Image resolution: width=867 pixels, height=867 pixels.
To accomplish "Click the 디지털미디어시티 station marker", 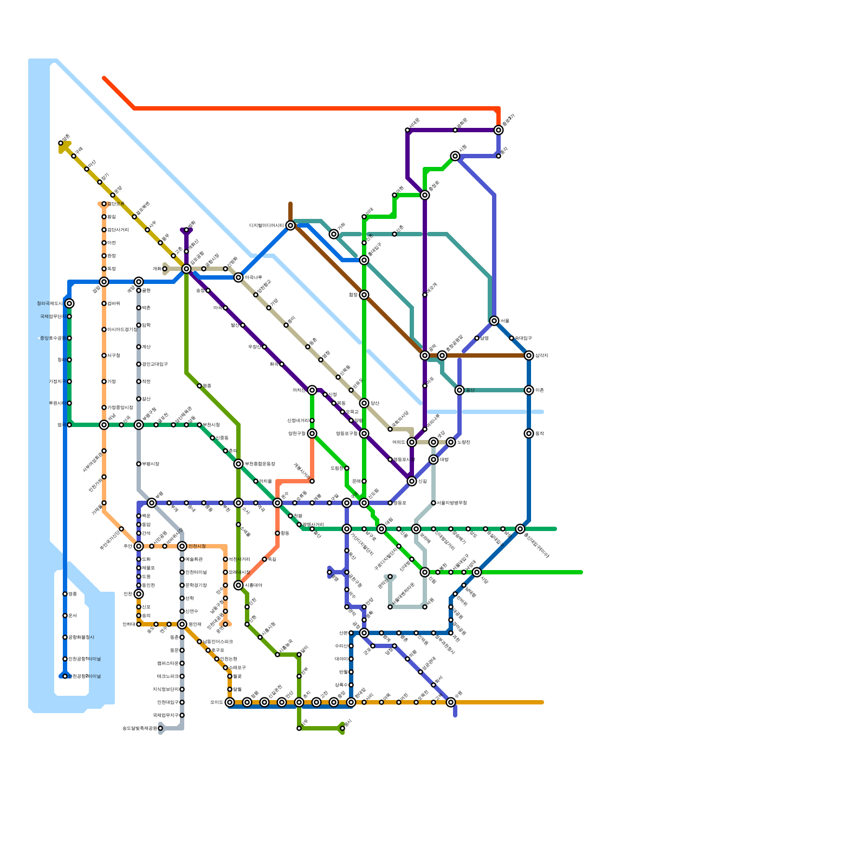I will click(290, 225).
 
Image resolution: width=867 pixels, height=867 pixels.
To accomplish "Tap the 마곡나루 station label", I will click(253, 277).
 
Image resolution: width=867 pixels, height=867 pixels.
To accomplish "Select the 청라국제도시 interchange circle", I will click(69, 303).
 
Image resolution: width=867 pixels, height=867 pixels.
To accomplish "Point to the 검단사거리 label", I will click(118, 230).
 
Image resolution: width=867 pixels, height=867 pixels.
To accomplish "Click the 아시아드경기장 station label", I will click(122, 329).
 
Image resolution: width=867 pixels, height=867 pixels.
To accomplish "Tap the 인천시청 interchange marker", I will click(182, 546).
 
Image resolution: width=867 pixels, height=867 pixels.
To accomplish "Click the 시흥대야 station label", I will click(253, 585).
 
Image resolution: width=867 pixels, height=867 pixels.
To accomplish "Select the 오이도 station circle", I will click(230, 702).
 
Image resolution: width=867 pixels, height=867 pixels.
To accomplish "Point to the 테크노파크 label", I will click(167, 676).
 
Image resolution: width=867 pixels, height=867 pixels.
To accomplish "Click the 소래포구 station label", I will click(237, 668).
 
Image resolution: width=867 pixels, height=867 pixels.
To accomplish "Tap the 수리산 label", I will click(341, 646).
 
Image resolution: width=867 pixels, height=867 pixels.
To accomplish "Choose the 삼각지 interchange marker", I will click(529, 355).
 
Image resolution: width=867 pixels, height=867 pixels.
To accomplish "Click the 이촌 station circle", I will click(529, 390).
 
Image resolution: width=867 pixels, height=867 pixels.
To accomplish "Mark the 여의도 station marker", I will click(412, 442).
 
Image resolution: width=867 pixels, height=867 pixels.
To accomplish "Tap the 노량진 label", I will click(463, 442).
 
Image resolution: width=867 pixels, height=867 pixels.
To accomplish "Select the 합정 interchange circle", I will click(364, 295).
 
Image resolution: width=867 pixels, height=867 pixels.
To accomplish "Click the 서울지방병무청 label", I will click(451, 503).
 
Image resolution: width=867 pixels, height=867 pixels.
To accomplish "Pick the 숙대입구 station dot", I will click(512, 338).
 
